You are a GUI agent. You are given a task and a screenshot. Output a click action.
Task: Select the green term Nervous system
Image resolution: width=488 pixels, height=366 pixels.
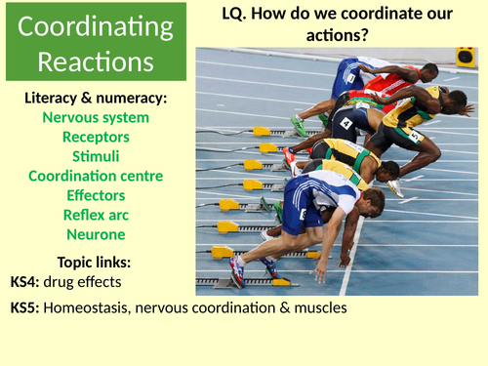97,117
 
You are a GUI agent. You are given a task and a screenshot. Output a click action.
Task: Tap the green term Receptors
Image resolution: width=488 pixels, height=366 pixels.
97,137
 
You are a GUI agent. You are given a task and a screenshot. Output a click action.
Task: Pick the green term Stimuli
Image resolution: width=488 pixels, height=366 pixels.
97,156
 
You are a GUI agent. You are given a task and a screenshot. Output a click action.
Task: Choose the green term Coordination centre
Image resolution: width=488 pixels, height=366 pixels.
97,176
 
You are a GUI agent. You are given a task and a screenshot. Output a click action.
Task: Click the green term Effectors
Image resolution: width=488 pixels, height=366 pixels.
97,195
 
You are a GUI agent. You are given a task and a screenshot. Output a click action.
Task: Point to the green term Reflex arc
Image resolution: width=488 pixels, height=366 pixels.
97,215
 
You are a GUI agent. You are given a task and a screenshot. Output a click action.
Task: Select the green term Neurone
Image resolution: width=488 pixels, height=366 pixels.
97,234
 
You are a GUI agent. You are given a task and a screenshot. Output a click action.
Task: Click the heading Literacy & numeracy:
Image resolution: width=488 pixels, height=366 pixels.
97,98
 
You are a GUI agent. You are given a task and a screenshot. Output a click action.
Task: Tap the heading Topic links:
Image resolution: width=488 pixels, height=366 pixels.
97,263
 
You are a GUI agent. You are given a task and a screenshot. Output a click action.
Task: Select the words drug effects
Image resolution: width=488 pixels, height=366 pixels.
91,282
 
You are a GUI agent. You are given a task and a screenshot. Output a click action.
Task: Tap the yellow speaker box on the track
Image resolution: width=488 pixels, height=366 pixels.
466,57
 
